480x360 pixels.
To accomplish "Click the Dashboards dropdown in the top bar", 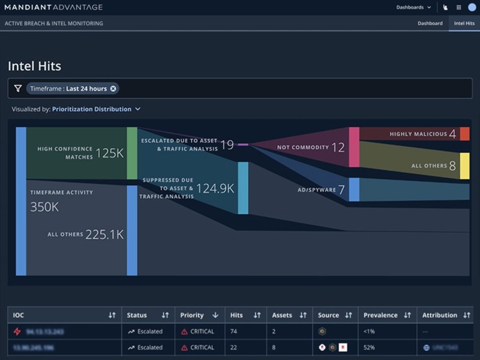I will [413, 7].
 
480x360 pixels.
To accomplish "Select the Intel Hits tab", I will [464, 23].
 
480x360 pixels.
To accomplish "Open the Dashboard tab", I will [430, 23].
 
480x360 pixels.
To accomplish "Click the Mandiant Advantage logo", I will [53, 7].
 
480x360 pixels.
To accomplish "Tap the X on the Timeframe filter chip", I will [113, 89].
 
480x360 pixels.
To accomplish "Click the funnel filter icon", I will [18, 89].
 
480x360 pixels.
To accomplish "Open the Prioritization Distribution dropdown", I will [96, 109].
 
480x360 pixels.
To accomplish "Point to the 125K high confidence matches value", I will [109, 153].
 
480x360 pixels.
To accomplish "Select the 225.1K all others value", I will [104, 235].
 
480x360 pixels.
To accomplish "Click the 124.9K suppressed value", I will [214, 188].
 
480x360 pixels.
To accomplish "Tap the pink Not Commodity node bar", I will [354, 147].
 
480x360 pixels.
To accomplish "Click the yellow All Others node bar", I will [464, 166].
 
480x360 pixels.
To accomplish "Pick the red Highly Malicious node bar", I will [464, 134].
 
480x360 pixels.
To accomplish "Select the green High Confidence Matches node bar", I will [132, 153].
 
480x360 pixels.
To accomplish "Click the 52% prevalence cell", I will [370, 347].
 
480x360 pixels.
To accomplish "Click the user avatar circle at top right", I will [472, 7].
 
